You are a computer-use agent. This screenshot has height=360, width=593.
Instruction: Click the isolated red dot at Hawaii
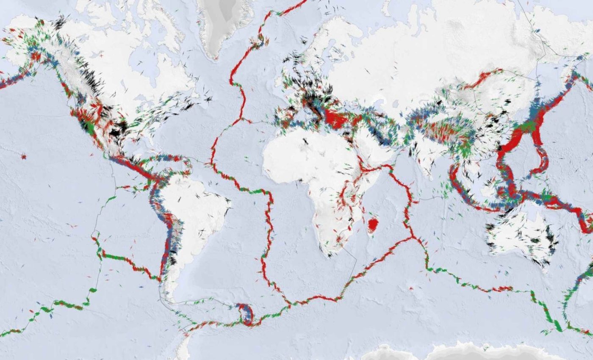(x=23, y=157)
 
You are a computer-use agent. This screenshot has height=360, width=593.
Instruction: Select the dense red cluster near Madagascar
(x=373, y=224)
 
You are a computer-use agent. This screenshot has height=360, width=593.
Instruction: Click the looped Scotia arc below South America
(x=245, y=314)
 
